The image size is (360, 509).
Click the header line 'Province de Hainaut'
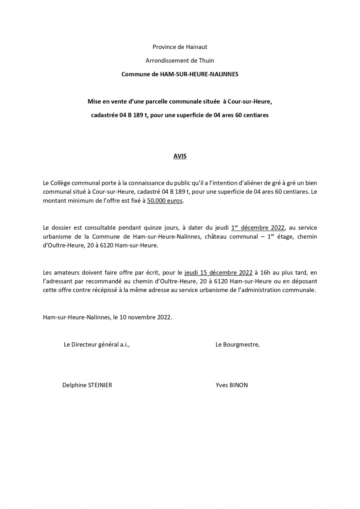tap(180, 47)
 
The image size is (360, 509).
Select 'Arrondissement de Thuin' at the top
tap(180, 60)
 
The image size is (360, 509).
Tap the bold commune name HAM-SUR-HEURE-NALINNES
tap(199, 74)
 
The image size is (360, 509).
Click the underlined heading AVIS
tap(180, 156)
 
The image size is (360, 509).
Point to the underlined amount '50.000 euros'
tap(165, 201)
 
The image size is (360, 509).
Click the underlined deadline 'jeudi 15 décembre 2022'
tap(218, 273)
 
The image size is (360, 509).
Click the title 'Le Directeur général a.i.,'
tap(97, 345)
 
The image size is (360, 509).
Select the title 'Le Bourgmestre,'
tap(237, 345)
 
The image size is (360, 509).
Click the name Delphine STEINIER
tap(87, 385)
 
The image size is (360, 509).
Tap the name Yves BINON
tap(231, 385)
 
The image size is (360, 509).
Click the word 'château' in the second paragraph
tap(216, 237)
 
